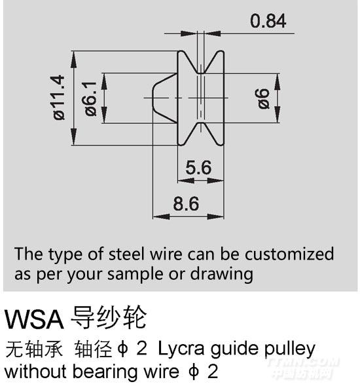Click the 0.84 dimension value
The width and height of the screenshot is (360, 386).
(268, 21)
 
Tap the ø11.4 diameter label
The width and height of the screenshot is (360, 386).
(60, 98)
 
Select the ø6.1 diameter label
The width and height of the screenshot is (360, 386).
(90, 98)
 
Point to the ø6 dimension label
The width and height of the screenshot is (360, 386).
(263, 98)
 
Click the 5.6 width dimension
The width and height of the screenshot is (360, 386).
(198, 167)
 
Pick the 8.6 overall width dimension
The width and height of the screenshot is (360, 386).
(186, 204)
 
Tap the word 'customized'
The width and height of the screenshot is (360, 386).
(289, 254)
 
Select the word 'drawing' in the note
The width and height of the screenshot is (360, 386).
(222, 274)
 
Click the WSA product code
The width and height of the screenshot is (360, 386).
(34, 319)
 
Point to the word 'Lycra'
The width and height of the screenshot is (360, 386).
(181, 349)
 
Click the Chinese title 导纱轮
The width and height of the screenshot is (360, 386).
(109, 318)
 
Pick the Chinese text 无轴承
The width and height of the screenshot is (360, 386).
(34, 349)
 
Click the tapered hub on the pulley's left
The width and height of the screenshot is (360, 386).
(165, 98)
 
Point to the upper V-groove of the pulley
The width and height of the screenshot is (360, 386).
(201, 62)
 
